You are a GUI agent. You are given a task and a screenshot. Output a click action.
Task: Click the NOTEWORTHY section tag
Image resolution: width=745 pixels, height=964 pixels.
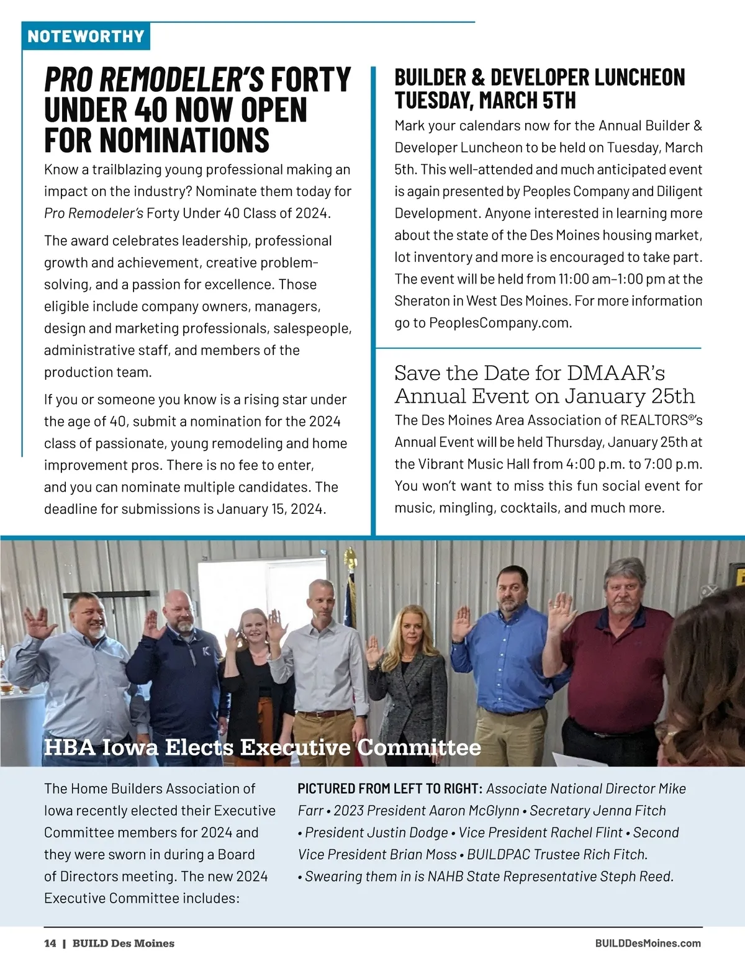point(86,36)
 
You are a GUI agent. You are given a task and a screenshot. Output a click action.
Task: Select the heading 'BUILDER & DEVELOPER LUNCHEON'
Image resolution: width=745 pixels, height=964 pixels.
point(540,78)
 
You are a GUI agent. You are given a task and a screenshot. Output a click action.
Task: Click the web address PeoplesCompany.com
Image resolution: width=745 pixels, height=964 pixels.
point(499,323)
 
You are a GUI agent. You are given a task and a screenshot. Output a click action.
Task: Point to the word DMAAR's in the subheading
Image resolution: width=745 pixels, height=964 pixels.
point(615,373)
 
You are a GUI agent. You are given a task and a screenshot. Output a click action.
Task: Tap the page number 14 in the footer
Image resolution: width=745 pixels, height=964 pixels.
point(50,943)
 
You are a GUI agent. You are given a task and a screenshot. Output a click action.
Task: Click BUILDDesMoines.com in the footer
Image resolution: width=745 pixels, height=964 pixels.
point(648,943)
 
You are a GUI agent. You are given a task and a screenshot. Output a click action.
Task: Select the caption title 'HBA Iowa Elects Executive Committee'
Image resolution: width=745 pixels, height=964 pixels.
point(262,747)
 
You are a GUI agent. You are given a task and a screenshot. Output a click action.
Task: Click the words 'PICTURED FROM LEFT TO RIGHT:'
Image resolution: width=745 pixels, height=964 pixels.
point(389,789)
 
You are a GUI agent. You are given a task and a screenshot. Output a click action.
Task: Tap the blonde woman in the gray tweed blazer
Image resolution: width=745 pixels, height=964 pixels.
point(407,670)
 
